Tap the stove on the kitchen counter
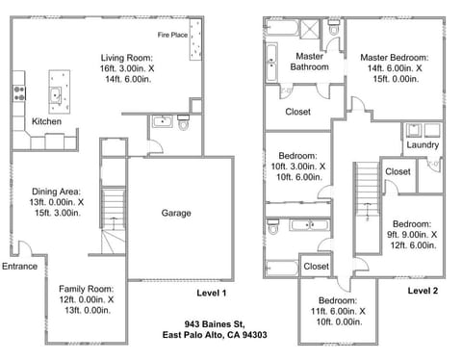coord(17,92)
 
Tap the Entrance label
coord(20,267)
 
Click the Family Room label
coord(86,299)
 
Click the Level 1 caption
coord(210,293)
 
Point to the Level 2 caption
coord(422,290)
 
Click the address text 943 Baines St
coord(215,323)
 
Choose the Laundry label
coord(422,145)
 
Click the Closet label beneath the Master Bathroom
coord(297,112)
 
